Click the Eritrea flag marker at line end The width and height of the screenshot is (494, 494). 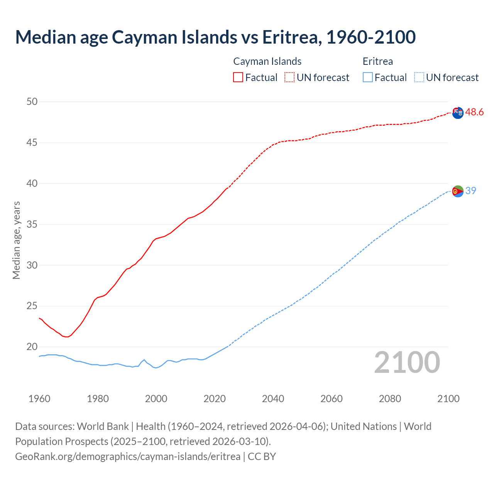click(458, 191)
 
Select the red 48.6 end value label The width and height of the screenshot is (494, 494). click(474, 112)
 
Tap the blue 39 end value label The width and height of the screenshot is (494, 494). click(471, 191)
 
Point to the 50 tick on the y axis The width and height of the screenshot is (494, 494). click(32, 102)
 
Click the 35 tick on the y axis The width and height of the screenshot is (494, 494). click(32, 224)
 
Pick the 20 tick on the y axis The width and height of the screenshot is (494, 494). click(32, 347)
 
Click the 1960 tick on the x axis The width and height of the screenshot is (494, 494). click(39, 399)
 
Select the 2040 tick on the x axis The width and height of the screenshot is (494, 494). click(273, 399)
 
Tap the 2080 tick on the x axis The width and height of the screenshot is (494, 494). click(390, 399)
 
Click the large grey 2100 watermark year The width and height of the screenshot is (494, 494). click(407, 362)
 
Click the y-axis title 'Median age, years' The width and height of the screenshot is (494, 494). click(16, 240)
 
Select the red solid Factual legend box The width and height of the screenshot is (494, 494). click(238, 77)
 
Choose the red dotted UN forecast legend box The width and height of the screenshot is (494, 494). click(289, 77)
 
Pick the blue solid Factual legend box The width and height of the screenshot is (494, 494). click(368, 77)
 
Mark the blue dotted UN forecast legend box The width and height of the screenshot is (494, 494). click(419, 77)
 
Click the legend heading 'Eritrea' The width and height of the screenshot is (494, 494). click(378, 61)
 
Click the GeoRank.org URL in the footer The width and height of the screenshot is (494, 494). click(128, 457)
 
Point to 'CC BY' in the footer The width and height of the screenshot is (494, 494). click(262, 457)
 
